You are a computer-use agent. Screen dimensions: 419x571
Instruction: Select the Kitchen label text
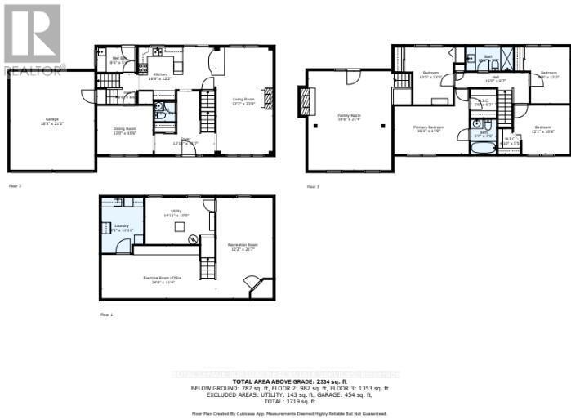pyautogui.click(x=160, y=74)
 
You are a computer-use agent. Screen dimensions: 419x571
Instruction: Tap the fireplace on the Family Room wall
pyautogui.click(x=306, y=102)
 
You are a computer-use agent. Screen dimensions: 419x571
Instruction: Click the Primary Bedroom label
pyautogui.click(x=428, y=128)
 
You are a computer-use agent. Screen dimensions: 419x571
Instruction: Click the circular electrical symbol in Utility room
pyautogui.click(x=193, y=239)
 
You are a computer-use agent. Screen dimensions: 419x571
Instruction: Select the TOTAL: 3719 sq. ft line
pyautogui.click(x=285, y=403)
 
